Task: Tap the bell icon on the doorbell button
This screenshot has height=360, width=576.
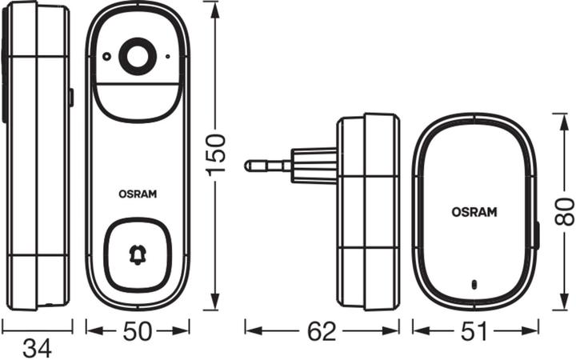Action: point(138,255)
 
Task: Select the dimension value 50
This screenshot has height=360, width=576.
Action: point(138,330)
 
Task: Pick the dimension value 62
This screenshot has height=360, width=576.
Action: point(322,330)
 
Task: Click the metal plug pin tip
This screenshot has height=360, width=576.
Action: point(250,166)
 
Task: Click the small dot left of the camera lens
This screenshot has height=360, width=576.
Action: point(105,56)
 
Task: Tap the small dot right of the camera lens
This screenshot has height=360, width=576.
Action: point(167,57)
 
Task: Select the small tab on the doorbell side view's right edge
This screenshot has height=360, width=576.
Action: point(70,98)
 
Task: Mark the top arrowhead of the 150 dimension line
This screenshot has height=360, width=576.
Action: point(214,7)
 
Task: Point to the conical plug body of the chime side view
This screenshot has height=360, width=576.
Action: point(314,166)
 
